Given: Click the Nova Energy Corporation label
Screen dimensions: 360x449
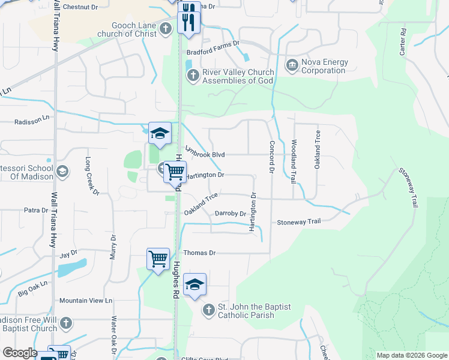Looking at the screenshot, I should click(323, 66).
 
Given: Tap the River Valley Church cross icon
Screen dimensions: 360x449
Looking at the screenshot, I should click(193, 75).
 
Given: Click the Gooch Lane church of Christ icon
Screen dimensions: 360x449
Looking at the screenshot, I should click(166, 28).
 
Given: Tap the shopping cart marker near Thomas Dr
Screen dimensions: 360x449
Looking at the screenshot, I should click(158, 259).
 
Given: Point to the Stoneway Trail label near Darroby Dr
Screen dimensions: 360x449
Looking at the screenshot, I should click(299, 222).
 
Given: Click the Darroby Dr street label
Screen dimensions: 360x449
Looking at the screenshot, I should click(231, 214).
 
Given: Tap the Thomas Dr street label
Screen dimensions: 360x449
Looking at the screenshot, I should click(199, 253).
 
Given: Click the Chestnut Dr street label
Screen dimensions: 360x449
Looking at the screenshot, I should click(80, 7).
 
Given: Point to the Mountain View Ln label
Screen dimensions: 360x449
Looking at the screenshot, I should click(85, 300).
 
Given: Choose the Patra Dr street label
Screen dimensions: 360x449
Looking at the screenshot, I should click(35, 211).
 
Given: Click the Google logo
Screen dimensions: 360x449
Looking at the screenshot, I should click(20, 353).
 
